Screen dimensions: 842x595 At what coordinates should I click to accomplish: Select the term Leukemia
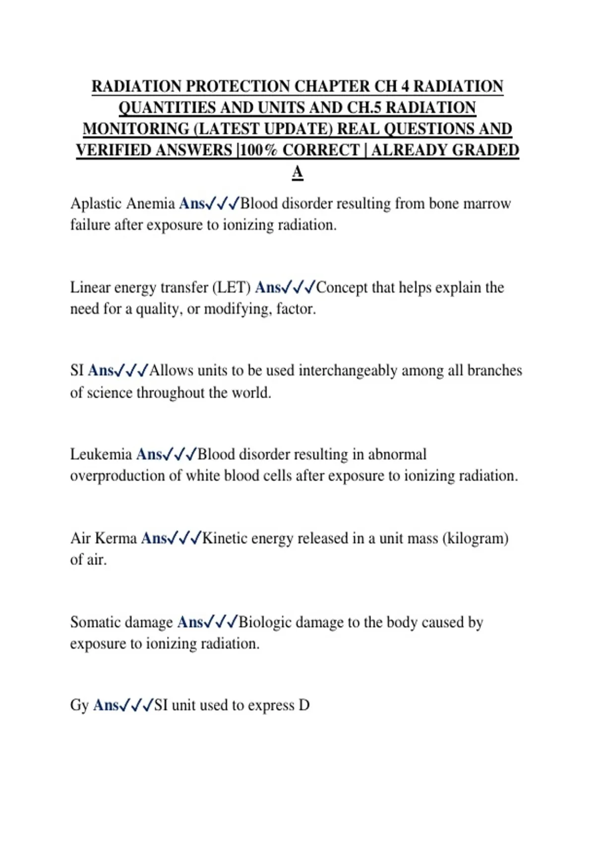[x=101, y=454]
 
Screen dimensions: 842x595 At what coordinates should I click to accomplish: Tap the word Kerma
[x=116, y=538]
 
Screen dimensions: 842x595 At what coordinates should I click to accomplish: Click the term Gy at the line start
[x=79, y=705]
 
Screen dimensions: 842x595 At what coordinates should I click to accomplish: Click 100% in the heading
[x=258, y=150]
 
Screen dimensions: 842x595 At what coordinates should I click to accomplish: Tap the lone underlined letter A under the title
[x=297, y=172]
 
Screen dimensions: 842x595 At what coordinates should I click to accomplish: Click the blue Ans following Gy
[x=106, y=705]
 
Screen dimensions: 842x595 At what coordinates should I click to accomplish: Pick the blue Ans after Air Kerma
[x=154, y=538]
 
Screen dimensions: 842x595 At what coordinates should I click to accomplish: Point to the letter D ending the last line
[x=304, y=705]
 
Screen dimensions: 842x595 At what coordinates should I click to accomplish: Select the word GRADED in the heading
[x=485, y=150]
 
